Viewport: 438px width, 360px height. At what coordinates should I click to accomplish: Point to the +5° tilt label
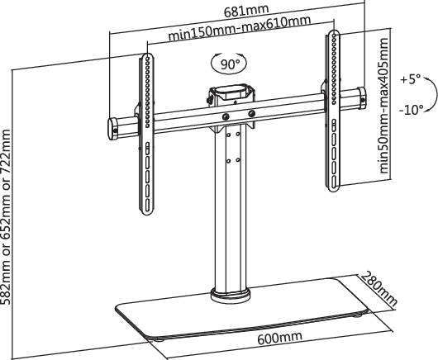click(410, 80)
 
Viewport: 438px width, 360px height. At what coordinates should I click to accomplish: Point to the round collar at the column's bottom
click(231, 291)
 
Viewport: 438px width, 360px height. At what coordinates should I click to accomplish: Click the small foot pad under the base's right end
click(357, 314)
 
